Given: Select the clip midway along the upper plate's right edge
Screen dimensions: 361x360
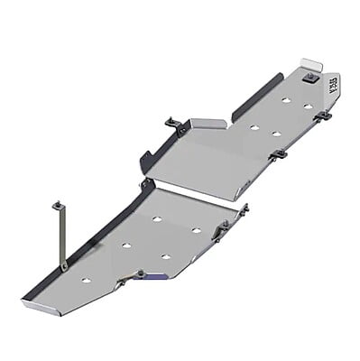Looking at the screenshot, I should click(x=280, y=154).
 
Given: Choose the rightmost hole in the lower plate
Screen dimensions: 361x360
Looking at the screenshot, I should click(x=196, y=230).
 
